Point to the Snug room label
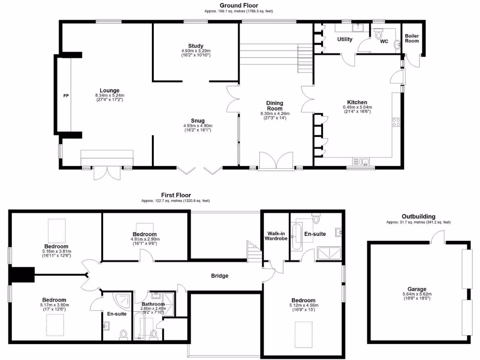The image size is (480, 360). coord(197,120)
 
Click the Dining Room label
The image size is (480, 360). coord(275,105)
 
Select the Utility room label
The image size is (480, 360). coord(345,39)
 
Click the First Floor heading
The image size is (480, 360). coord(176,195)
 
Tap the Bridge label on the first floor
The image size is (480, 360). coord(219,276)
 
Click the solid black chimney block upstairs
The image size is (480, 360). coord(22,275)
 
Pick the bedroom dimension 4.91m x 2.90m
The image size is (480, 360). coord(144,239)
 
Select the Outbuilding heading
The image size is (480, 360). coord(418,217)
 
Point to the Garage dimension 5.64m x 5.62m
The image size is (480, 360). coord(418,294)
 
